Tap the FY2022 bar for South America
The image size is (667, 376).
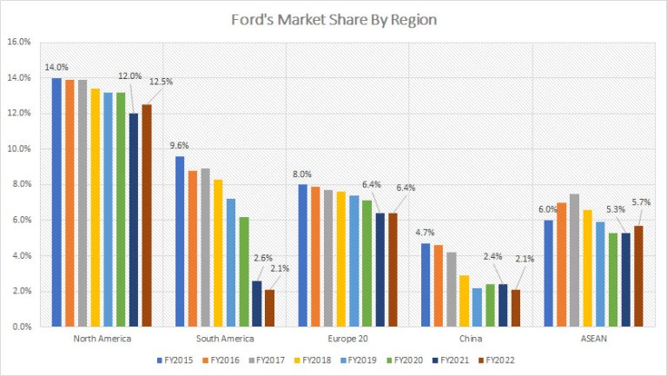click(x=269, y=308)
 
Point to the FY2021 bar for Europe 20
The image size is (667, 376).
click(x=380, y=270)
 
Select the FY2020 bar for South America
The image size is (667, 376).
click(x=244, y=272)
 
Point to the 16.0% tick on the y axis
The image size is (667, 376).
click(x=19, y=42)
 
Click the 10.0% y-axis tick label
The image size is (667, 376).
click(x=19, y=149)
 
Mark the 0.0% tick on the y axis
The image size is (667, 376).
click(x=21, y=327)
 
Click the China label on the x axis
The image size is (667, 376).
click(x=471, y=338)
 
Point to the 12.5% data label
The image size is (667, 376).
click(x=160, y=82)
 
